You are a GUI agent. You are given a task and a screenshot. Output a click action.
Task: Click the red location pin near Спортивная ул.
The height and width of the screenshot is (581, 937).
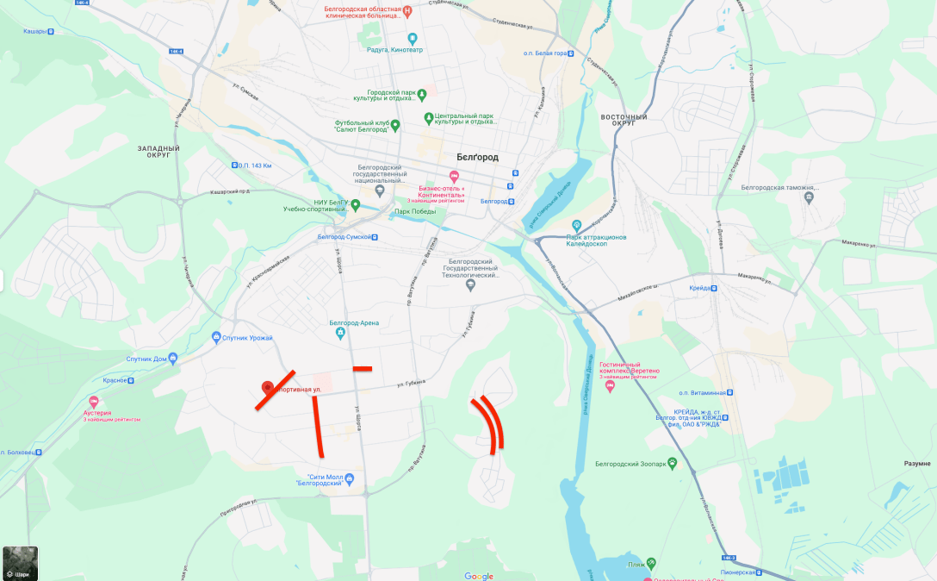tap(268, 388)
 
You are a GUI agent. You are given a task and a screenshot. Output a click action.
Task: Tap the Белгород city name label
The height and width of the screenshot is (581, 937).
tap(477, 157)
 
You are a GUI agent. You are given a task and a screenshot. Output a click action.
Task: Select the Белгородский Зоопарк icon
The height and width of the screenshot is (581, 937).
tap(672, 464)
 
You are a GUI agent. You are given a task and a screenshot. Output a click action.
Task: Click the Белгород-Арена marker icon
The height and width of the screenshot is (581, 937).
tap(341, 332)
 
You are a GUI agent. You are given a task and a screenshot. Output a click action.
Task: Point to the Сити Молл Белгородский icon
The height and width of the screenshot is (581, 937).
tap(349, 478)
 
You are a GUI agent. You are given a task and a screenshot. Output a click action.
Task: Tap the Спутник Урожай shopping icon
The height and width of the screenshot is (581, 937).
tap(216, 337)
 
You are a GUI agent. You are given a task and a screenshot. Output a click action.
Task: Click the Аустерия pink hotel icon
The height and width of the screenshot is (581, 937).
tap(94, 402)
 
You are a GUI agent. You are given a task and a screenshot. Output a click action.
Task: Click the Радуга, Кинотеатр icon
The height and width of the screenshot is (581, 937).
tap(412, 38)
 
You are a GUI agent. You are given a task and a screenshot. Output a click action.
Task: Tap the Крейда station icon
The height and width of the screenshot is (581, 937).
tap(715, 288)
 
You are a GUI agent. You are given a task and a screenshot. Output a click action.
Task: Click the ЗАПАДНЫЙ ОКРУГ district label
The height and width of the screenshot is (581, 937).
tap(158, 152)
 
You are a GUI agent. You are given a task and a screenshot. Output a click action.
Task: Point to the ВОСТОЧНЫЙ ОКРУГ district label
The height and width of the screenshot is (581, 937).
tap(624, 120)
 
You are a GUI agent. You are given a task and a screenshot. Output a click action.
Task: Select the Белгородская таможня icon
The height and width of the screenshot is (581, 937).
tap(808, 197)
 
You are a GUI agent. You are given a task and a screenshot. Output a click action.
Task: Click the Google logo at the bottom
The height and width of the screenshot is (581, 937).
tap(479, 576)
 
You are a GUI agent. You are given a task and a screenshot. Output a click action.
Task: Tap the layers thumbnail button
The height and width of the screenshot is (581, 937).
tap(20, 562)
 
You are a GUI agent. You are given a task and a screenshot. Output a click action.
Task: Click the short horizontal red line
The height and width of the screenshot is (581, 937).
tap(362, 368)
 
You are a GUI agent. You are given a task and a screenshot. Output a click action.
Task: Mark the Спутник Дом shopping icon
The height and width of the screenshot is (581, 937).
tap(173, 358)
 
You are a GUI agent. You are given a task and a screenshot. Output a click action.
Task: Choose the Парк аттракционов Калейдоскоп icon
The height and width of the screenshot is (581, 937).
tap(577, 225)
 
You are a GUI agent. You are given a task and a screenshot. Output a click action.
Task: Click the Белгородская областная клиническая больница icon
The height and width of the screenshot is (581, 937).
tap(407, 11)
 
